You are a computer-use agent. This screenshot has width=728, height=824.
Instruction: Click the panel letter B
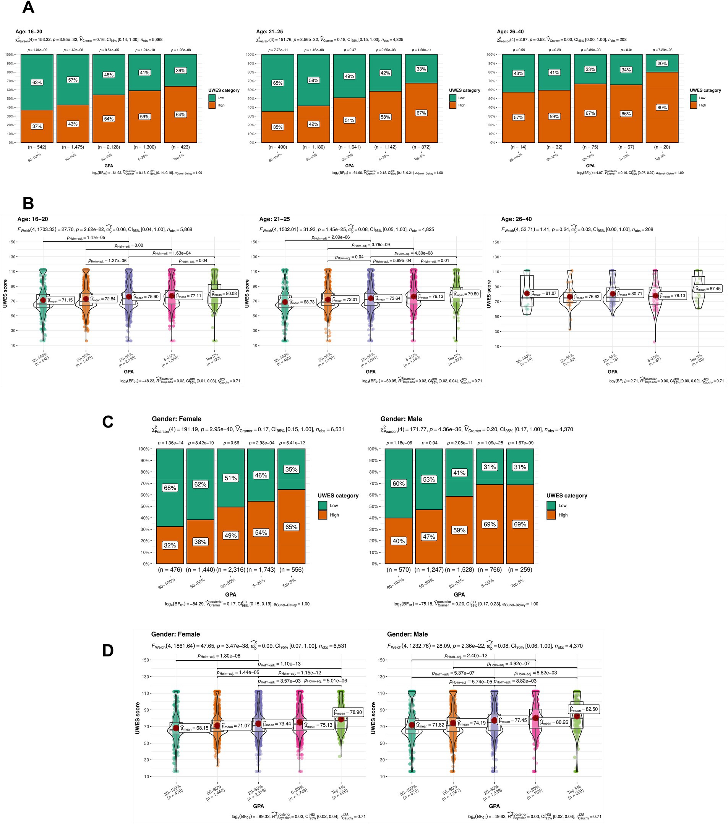click(x=28, y=203)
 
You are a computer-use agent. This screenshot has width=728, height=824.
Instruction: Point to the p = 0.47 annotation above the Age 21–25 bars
click(x=349, y=50)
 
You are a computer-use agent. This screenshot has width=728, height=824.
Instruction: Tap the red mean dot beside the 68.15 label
click(x=176, y=728)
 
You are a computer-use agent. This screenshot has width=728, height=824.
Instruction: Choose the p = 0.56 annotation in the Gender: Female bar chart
click(x=231, y=443)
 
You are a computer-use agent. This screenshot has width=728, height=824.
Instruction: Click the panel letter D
click(x=108, y=651)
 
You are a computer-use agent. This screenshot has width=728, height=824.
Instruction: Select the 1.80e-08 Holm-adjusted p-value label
click(x=219, y=656)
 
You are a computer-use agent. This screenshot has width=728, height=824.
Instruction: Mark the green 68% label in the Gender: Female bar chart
click(x=170, y=488)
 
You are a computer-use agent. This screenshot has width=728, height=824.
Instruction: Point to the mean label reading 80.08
click(x=225, y=294)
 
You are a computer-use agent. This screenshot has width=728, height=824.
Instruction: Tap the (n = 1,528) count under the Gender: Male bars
click(x=459, y=569)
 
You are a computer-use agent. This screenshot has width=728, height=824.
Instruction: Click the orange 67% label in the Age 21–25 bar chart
click(x=421, y=113)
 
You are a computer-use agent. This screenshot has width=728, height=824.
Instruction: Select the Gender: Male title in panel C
click(x=401, y=419)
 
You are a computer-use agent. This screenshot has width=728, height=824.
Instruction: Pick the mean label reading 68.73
click(x=302, y=302)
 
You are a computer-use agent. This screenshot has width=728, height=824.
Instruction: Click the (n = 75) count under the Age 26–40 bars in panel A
click(x=590, y=147)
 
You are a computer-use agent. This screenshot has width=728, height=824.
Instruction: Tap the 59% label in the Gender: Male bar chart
click(x=459, y=530)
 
